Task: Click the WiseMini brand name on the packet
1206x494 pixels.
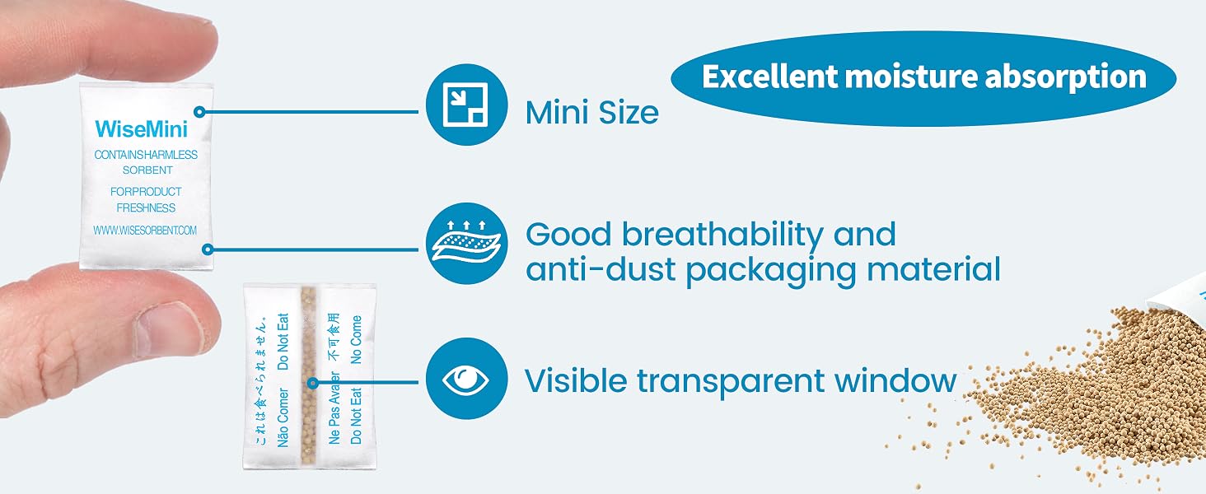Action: click(141, 129)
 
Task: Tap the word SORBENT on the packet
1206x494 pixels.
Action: click(147, 170)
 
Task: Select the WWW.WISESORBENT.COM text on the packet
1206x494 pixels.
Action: click(145, 231)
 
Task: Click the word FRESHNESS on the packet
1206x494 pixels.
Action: click(146, 207)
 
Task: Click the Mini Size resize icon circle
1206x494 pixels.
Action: click(466, 105)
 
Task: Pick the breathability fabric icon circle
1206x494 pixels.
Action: click(466, 243)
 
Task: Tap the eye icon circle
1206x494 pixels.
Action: click(466, 378)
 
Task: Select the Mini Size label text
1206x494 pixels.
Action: click(591, 113)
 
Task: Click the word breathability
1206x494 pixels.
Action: click(722, 236)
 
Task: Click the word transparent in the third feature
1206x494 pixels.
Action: click(731, 382)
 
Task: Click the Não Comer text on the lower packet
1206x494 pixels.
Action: click(283, 417)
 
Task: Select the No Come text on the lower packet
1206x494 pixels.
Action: click(357, 339)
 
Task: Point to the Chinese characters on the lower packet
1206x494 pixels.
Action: click(334, 337)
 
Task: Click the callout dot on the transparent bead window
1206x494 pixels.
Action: click(312, 383)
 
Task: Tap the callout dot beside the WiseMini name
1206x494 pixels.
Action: click(199, 112)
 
